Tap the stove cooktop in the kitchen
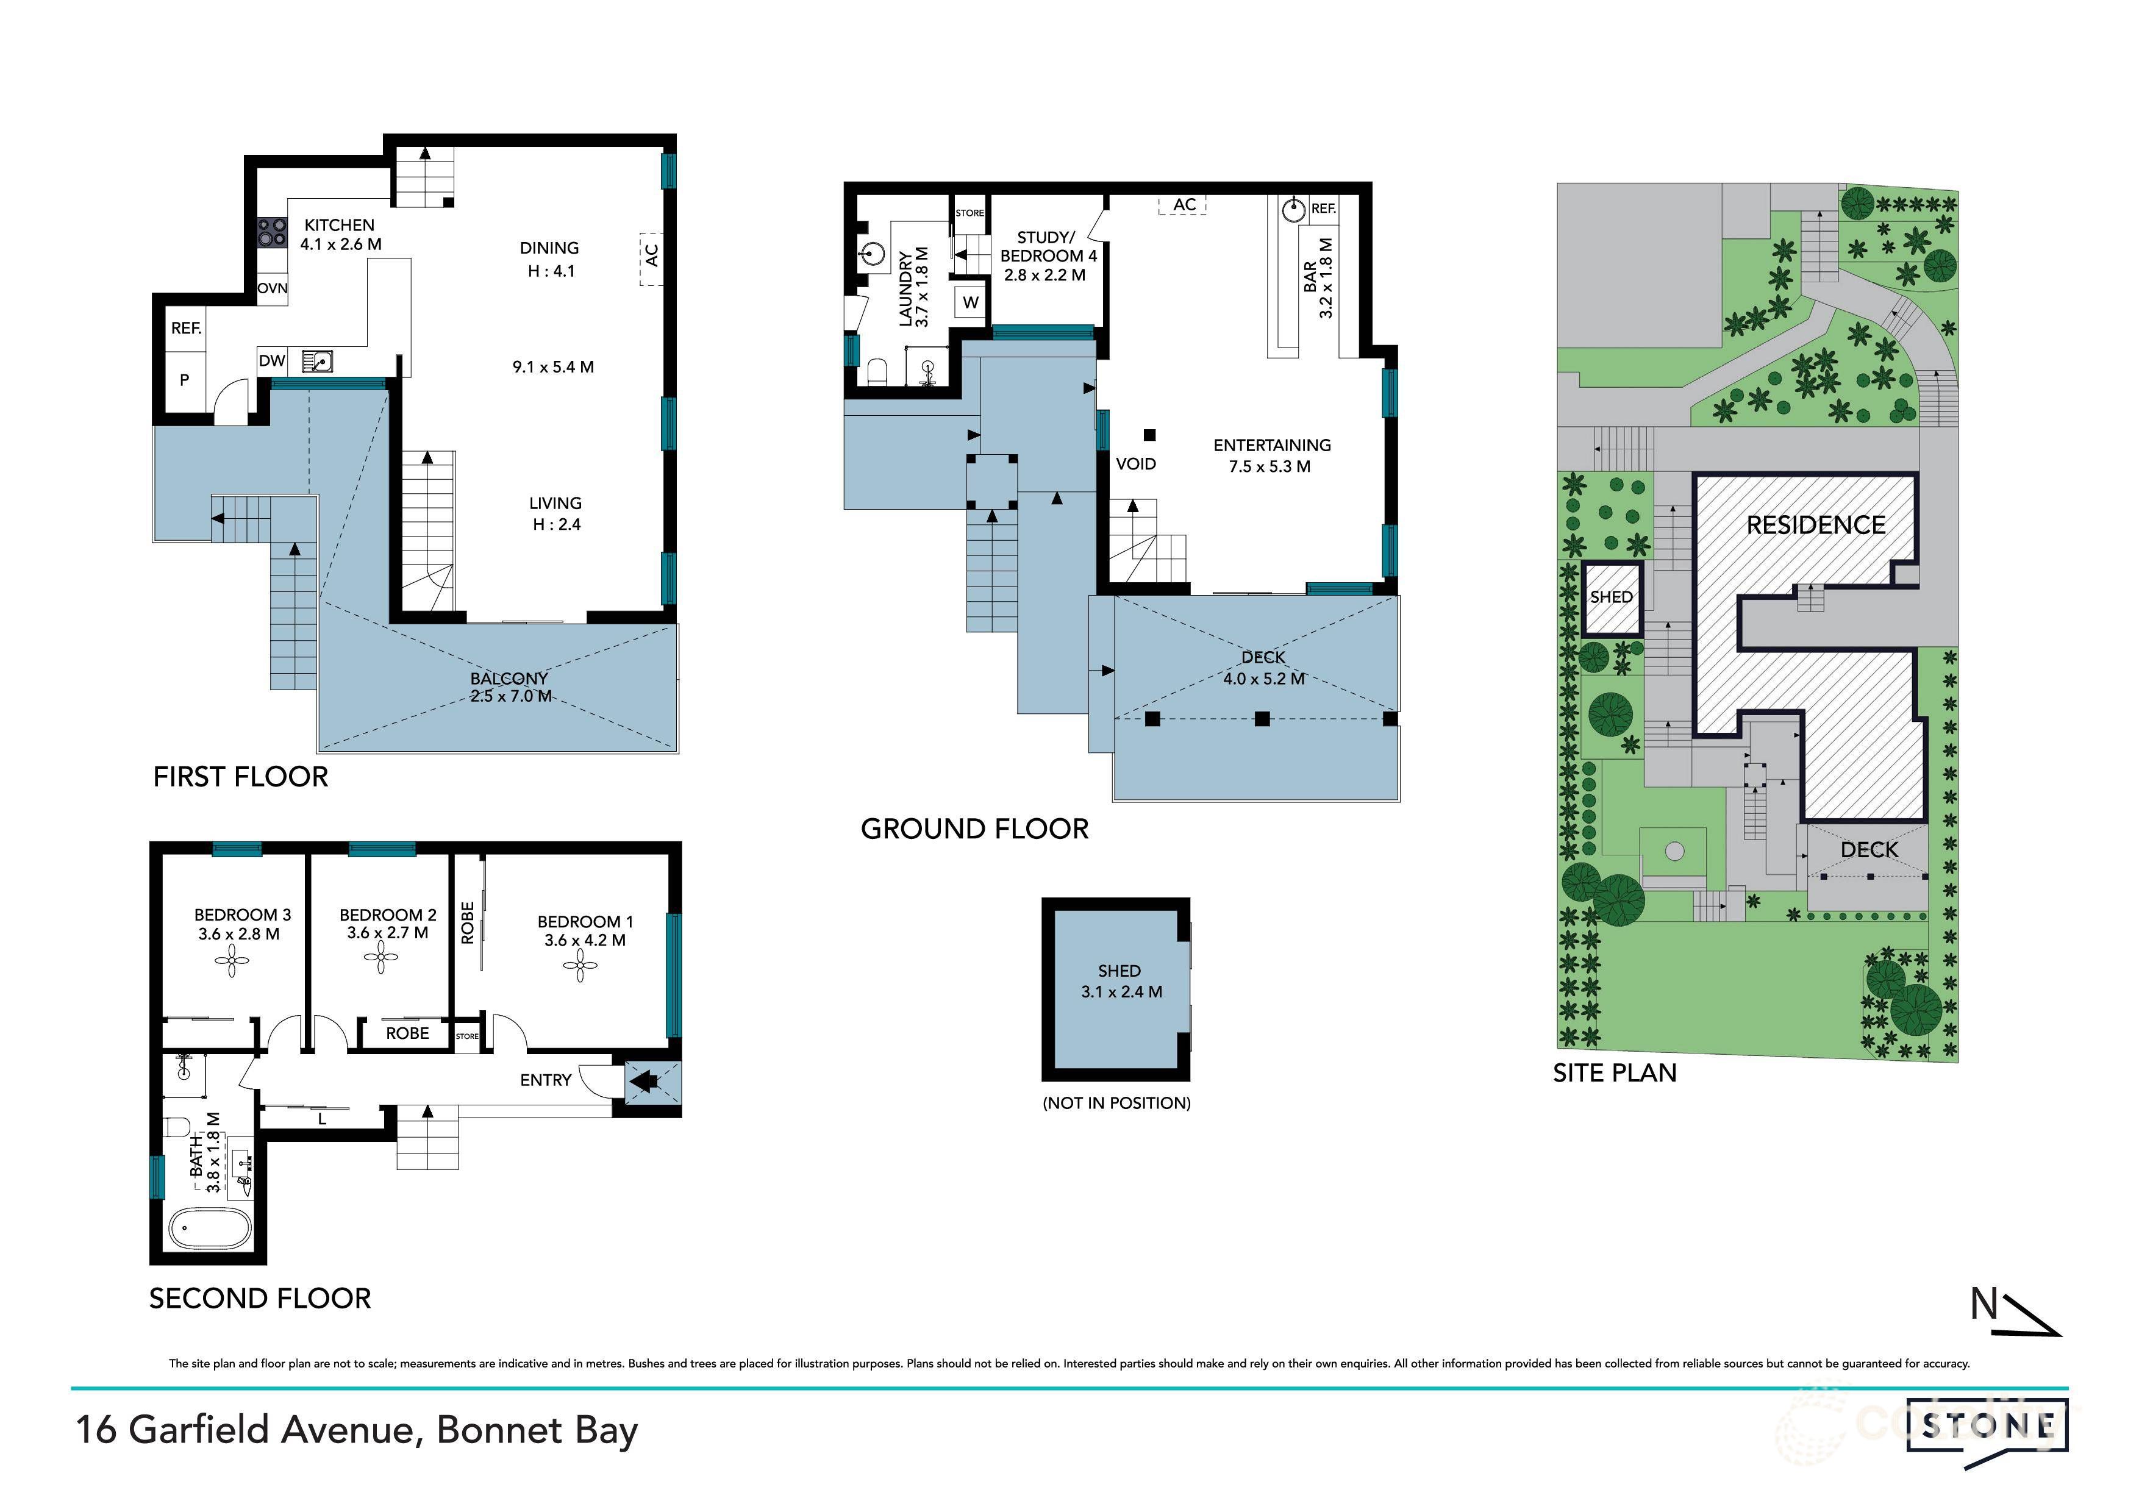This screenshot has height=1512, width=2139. pos(271,231)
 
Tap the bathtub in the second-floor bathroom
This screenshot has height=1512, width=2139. pos(209,1228)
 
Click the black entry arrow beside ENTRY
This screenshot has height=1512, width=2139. pos(645,1082)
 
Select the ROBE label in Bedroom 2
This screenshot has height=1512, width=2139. pos(407,1033)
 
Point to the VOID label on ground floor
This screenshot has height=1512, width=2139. pos(1135,464)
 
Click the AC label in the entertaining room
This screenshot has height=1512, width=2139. pos(1184,205)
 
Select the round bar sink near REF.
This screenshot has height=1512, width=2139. pos(1293,210)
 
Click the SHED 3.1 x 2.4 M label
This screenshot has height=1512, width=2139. pos(1121,981)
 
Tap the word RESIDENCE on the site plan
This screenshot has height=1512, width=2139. pos(1815,526)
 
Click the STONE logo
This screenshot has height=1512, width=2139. pos(1986,1425)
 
